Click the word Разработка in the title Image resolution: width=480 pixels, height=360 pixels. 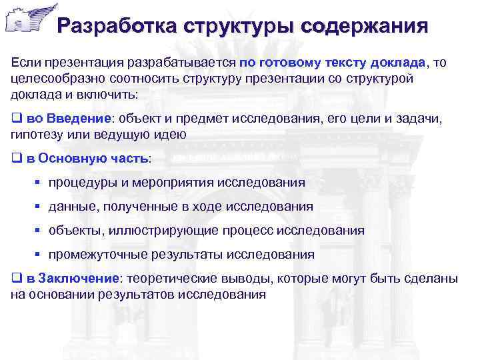tap(107, 26)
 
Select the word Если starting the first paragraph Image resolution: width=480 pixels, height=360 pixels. tap(26, 62)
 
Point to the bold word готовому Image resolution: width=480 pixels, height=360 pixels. tap(289, 62)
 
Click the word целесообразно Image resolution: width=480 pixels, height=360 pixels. tap(55, 78)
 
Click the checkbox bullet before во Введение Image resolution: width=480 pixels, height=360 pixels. tap(16, 119)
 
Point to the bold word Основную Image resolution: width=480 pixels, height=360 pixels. tap(70, 159)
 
